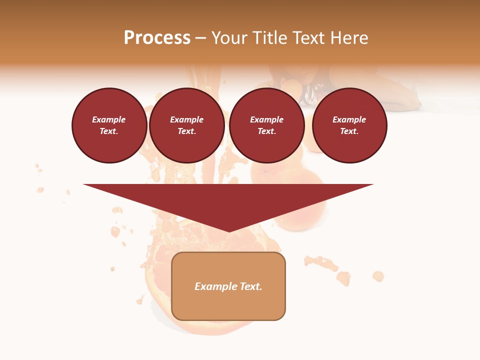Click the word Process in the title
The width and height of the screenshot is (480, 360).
point(157,38)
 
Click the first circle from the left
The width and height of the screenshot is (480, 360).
point(109,125)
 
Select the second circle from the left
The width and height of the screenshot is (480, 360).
point(187,125)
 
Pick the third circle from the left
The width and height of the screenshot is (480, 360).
point(266,125)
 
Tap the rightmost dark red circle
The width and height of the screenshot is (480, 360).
point(349,125)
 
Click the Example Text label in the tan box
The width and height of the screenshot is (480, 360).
point(228,286)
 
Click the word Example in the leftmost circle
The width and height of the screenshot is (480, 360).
point(109,119)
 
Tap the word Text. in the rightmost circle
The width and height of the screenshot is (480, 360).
point(349,131)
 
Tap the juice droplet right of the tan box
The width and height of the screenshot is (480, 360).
point(378,275)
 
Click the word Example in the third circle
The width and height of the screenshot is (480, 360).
point(266,119)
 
